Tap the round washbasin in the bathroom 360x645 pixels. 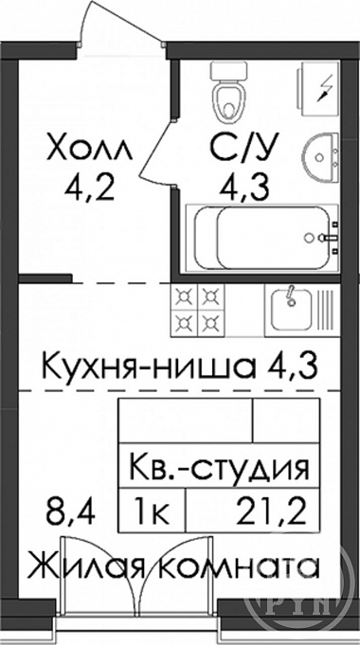click(323, 156)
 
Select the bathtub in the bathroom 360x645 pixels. click(262, 238)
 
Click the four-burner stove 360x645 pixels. click(197, 310)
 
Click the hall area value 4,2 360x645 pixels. click(89, 188)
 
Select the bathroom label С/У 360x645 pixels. click(244, 147)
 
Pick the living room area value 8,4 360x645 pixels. click(70, 512)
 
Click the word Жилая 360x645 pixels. click(85, 566)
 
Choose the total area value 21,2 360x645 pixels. click(272, 512)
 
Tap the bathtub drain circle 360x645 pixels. click(308, 238)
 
